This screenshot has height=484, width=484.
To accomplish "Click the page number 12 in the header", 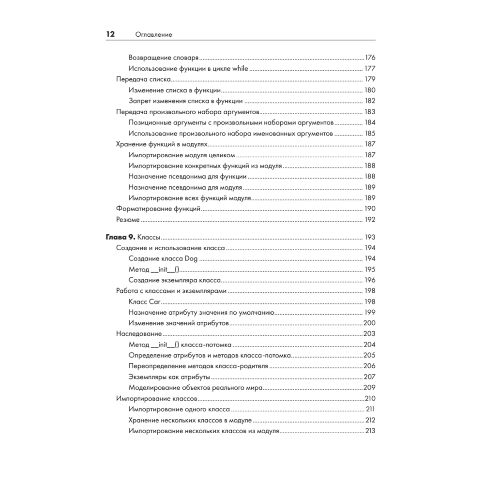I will click(110, 34).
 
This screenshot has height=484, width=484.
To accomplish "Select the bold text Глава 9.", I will click(121, 238).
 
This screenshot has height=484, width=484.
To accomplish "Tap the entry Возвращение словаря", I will click(164, 57).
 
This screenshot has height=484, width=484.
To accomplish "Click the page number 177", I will click(370, 68).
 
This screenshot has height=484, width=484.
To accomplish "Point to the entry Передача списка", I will click(145, 79).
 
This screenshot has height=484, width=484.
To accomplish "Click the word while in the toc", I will click(240, 68).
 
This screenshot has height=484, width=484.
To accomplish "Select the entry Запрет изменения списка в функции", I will click(186, 101).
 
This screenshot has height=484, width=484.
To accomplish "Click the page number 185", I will click(370, 133).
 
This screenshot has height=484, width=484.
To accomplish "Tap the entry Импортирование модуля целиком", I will click(182, 155).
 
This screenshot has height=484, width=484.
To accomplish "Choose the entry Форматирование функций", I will click(159, 209).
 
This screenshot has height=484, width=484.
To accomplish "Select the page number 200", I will click(370, 324).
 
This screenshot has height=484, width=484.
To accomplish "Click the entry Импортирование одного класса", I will click(172, 409).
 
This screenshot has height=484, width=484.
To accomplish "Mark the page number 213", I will click(371, 431).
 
